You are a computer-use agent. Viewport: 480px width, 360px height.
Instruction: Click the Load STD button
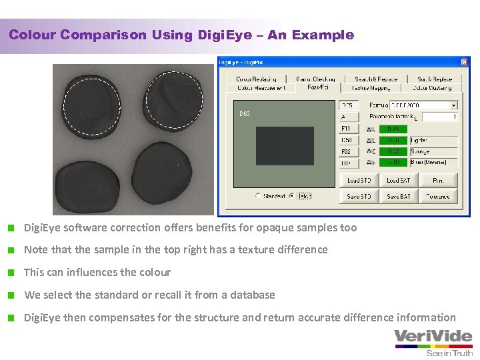359,180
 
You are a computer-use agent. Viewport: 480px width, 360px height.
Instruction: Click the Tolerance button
437,196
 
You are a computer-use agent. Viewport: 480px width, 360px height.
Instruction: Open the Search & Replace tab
376,79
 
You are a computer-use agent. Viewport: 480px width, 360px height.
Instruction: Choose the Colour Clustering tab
432,87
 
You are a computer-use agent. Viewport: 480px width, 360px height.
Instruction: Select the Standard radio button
258,196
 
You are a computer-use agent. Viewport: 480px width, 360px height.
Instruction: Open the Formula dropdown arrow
453,105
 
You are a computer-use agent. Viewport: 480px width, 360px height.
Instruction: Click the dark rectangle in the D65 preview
285,146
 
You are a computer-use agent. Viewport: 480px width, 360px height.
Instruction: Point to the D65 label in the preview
245,114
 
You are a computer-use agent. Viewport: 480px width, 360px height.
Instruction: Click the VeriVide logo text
433,336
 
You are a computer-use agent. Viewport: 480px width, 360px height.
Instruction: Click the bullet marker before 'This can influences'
12,273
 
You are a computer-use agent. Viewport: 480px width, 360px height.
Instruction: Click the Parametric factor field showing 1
439,117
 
